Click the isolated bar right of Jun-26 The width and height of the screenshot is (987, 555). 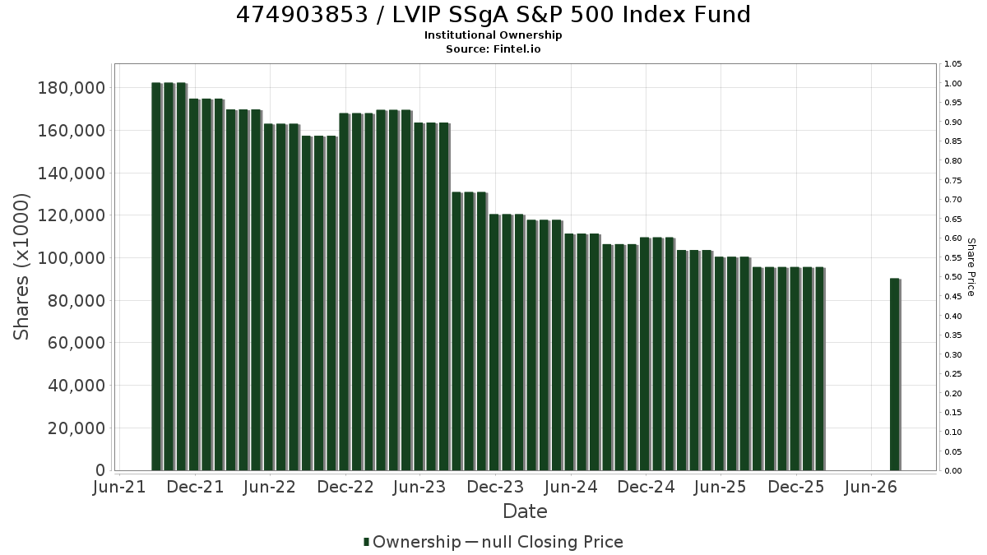coord(895,374)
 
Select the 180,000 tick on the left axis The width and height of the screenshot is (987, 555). coord(72,88)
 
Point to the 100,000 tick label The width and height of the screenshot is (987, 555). coord(72,258)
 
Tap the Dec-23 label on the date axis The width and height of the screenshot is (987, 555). coord(495,487)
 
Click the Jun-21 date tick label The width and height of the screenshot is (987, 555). coord(119,487)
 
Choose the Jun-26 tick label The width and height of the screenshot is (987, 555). coord(871,487)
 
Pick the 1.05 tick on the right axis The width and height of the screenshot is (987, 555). coord(953,64)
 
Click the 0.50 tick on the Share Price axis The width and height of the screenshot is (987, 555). coord(953,277)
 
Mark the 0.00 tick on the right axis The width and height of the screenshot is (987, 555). coord(953,471)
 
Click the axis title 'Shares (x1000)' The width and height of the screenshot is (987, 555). coord(21,267)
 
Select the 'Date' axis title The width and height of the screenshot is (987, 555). coord(526,511)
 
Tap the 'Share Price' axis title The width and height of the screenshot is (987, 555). coord(971,267)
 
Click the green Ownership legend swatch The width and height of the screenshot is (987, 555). coord(366,542)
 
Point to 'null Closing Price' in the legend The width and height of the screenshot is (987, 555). coord(553,542)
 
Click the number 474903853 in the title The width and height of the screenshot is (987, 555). coord(302,15)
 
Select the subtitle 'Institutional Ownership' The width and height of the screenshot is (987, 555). coord(493,35)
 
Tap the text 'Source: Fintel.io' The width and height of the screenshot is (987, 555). coord(493,49)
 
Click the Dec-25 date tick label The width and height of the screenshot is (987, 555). coord(796,487)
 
